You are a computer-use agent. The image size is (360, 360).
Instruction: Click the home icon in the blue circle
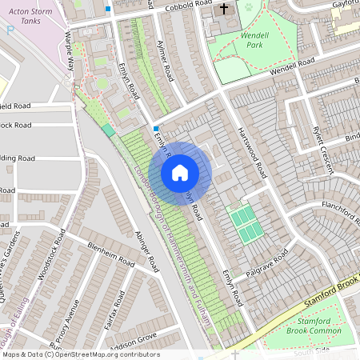pyautogui.click(x=180, y=173)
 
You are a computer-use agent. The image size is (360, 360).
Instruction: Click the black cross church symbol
pyautogui.click(x=223, y=10)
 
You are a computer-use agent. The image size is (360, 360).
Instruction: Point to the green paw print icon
pyautogui.click(x=248, y=7)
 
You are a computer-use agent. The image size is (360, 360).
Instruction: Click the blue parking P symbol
pyautogui.click(x=10, y=30)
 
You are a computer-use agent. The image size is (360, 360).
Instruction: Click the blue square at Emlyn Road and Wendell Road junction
pyautogui.click(x=155, y=128)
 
